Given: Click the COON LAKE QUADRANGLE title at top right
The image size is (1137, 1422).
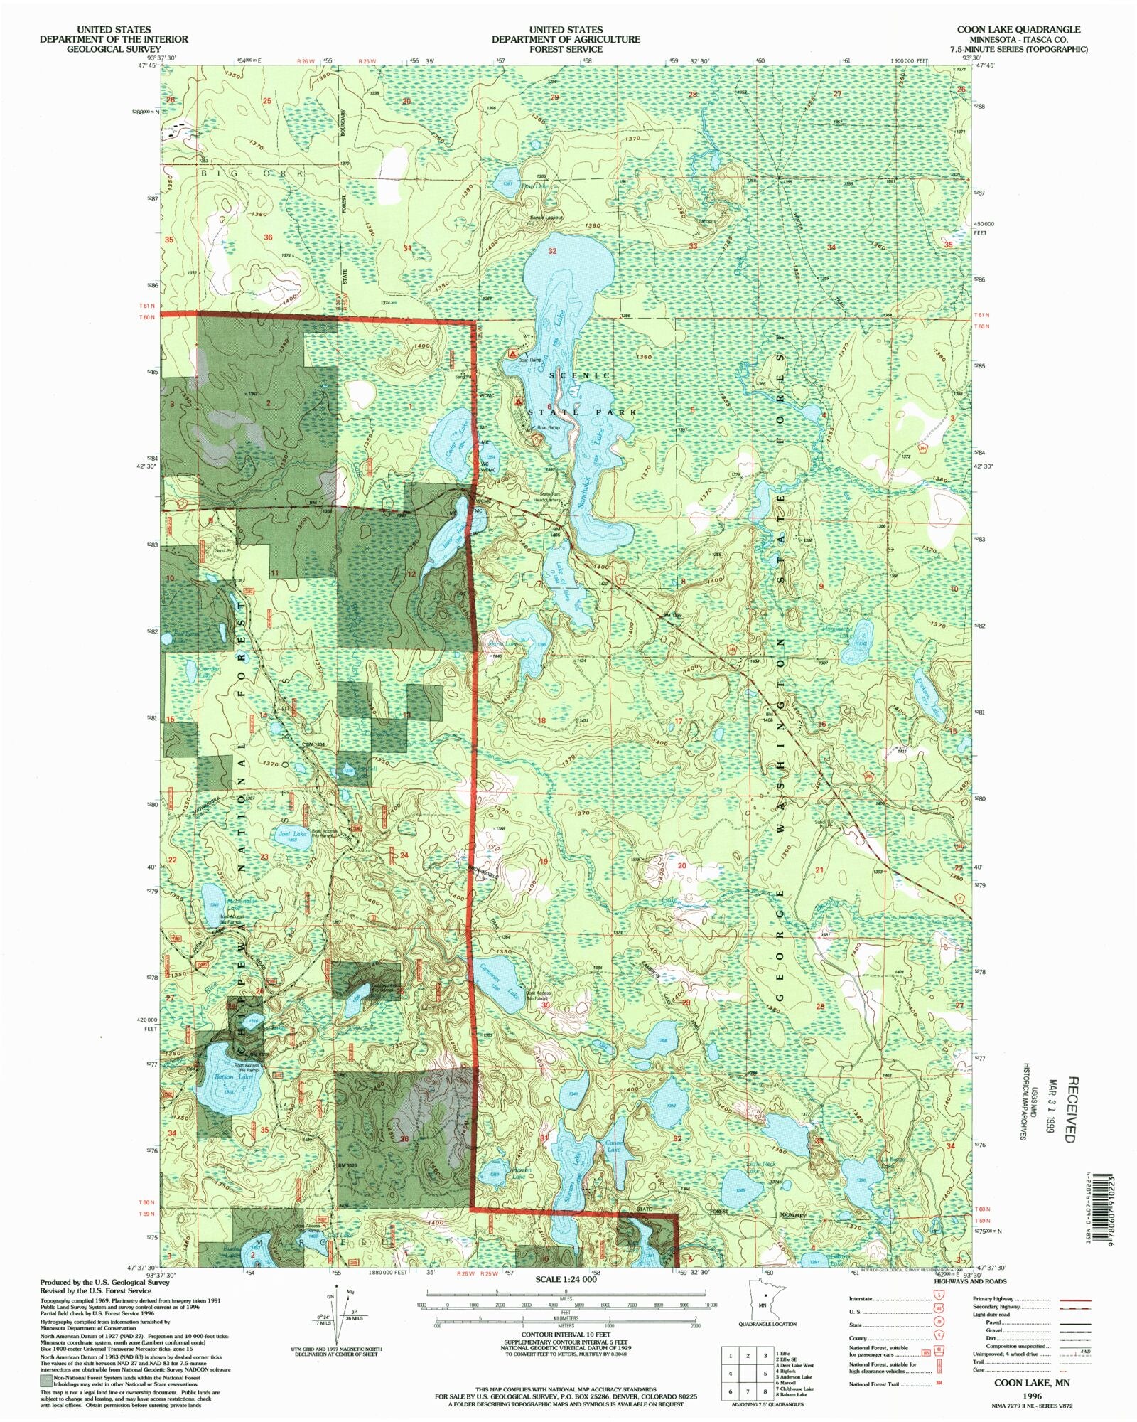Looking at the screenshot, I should (x=1018, y=30).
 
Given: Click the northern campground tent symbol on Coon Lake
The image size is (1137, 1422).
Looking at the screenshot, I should (x=512, y=353).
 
